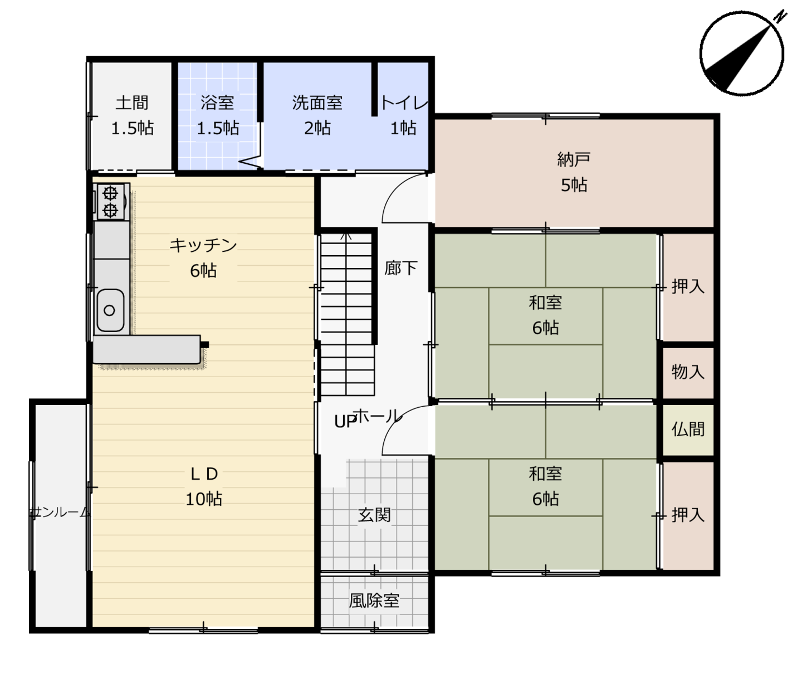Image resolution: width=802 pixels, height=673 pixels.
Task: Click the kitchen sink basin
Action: pos(110,310)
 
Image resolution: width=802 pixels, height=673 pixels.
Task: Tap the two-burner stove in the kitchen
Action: pos(110,202)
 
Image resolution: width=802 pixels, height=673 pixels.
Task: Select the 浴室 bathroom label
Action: pos(217,103)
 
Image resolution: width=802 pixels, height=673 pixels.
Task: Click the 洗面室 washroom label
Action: pos(317,103)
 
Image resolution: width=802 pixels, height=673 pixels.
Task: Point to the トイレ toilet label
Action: pos(404,103)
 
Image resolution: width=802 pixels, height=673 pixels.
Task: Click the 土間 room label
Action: pos(132,103)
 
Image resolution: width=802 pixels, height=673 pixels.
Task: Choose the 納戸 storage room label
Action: pos(574,159)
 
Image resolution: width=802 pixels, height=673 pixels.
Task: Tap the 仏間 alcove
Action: pos(688,430)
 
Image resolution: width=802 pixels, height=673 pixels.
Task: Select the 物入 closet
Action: pos(688,373)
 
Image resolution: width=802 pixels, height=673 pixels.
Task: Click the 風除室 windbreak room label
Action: pos(374,601)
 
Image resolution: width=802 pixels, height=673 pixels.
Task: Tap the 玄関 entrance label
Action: pos(374,515)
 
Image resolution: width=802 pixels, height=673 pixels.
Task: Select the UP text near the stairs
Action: pos(345,422)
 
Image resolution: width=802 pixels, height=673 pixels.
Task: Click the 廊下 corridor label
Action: pos(400,269)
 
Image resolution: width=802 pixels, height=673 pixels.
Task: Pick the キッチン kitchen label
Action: pos(203,245)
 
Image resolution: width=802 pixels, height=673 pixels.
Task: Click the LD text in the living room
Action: pos(204,474)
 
